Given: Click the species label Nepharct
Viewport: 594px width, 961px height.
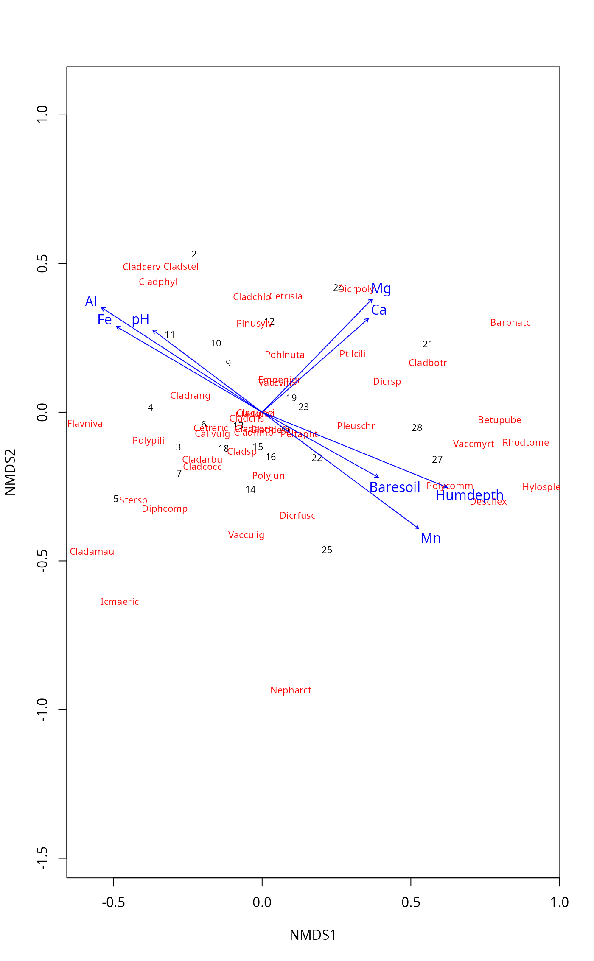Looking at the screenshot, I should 291,690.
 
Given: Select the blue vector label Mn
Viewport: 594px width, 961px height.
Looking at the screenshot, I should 431,538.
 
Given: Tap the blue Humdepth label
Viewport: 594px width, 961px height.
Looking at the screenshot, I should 469,495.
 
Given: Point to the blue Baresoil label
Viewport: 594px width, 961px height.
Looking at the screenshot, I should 395,487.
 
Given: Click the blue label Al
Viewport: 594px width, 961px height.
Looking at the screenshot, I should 91,302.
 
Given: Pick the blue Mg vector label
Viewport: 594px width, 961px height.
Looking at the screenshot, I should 381,289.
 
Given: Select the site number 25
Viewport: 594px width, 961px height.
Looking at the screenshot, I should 327,550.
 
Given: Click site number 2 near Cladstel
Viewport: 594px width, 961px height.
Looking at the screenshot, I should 194,254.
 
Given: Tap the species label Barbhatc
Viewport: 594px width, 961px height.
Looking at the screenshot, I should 510,323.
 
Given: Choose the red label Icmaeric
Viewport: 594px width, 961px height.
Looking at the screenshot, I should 120,602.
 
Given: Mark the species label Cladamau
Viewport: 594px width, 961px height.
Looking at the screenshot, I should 92,552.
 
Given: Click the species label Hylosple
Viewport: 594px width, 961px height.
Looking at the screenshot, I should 541,487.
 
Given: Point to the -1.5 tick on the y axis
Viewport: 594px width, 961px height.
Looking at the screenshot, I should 42,858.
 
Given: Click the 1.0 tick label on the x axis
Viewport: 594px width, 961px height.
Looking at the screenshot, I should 559,902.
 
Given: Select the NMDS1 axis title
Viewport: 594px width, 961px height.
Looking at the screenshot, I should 313,935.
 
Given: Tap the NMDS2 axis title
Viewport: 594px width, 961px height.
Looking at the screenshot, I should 10,472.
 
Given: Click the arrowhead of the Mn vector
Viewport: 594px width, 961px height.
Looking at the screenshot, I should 419,528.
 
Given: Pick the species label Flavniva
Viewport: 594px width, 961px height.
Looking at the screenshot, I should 85,424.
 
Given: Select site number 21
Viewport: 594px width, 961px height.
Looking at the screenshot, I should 428,344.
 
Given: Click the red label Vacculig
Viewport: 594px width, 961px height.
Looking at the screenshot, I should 246,535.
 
